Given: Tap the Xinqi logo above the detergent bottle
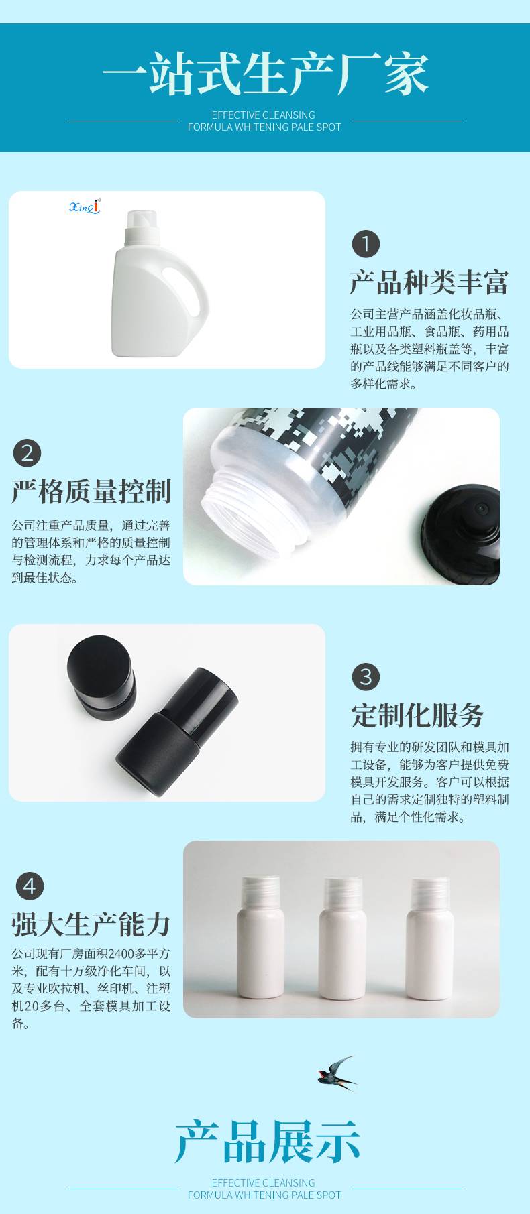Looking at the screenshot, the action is [x=85, y=206].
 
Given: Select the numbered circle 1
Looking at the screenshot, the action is [x=366, y=244].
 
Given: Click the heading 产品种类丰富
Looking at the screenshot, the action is [x=429, y=282].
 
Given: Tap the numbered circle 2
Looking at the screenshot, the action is [x=28, y=453].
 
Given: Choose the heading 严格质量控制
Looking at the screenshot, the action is [x=91, y=491].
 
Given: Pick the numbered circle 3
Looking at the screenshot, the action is [x=366, y=677].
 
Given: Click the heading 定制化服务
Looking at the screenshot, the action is [x=417, y=715].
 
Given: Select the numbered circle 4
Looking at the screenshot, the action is [x=30, y=886].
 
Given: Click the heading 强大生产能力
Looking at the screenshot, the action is [x=91, y=924].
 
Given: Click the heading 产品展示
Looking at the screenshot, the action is [x=267, y=1141].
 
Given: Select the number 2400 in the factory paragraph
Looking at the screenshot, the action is [x=122, y=953].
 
